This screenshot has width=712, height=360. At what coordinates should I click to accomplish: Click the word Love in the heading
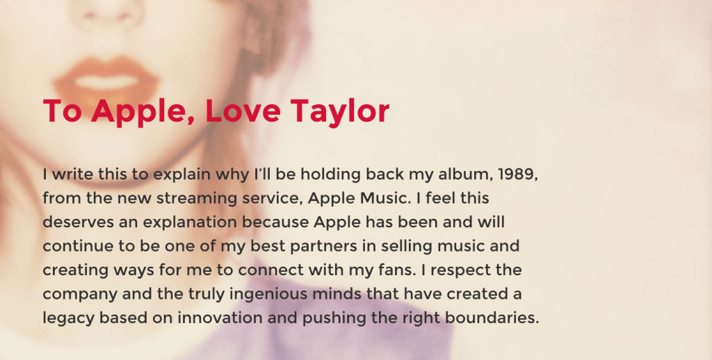point(243,111)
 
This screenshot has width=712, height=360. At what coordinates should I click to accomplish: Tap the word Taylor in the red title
point(339,113)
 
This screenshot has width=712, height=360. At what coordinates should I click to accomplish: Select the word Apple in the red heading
point(143,113)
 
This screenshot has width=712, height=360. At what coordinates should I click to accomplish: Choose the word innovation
point(219,318)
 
